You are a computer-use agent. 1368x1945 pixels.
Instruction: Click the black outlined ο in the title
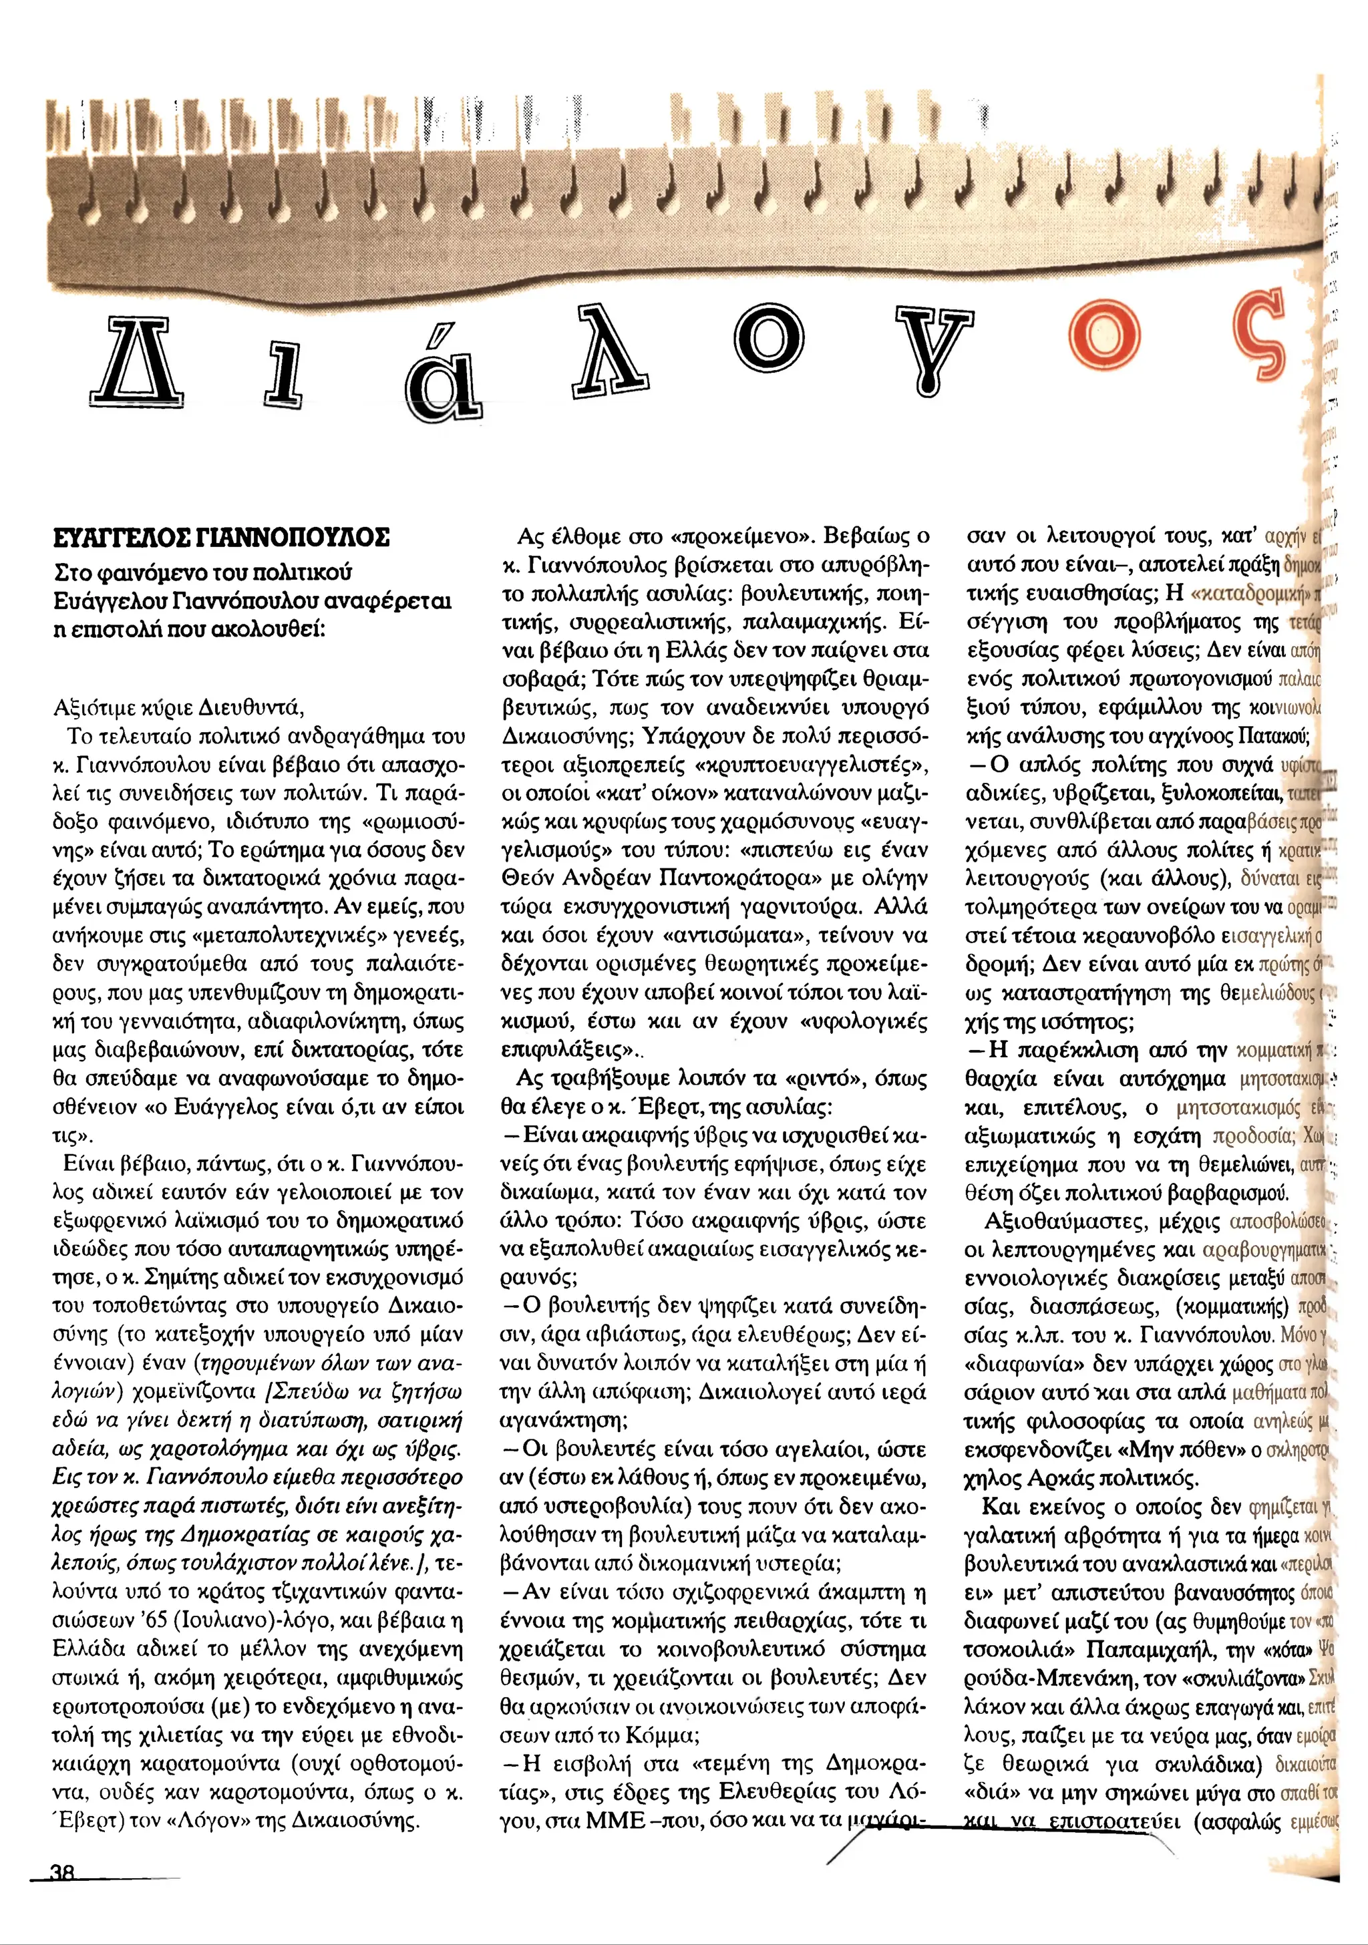coord(767,337)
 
